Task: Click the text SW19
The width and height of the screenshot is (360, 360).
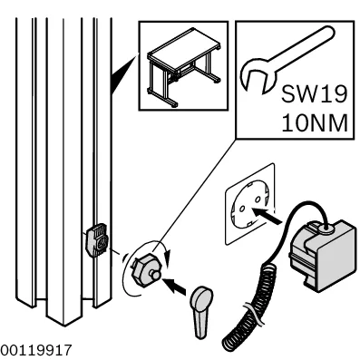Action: [x=314, y=94]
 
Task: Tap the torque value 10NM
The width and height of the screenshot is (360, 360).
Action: [x=315, y=122]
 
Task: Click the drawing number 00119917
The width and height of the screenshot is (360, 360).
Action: [x=36, y=350]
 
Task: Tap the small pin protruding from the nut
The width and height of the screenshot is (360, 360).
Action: [x=156, y=275]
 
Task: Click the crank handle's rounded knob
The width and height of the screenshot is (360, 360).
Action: [x=202, y=297]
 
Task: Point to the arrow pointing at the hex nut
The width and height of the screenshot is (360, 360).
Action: [x=174, y=286]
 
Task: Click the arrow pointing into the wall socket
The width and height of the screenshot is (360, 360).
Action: [x=266, y=215]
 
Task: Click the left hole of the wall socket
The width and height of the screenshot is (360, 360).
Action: [x=242, y=209]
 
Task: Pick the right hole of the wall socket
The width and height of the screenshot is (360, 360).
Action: [x=258, y=199]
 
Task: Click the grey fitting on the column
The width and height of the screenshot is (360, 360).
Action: [x=96, y=239]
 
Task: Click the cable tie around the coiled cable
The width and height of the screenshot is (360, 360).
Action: [x=252, y=314]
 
